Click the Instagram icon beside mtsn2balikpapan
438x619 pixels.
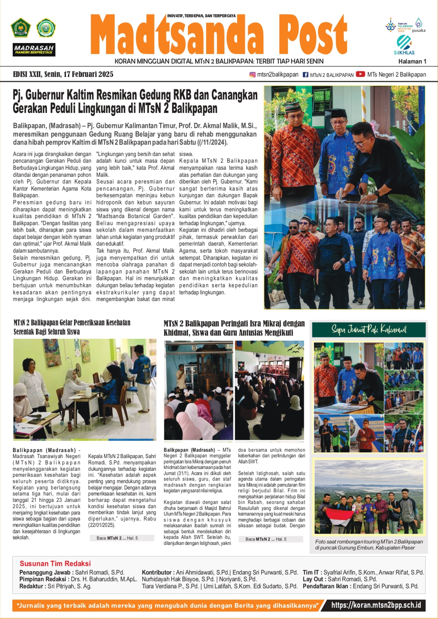[x=253, y=75]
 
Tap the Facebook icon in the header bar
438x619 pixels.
[x=305, y=75]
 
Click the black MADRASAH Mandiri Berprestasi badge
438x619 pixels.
[x=34, y=50]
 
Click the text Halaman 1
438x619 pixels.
[x=412, y=62]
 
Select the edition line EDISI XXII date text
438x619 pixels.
[x=63, y=74]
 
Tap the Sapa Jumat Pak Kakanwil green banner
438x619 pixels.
[x=369, y=329]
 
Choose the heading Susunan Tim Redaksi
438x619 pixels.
[x=55, y=563]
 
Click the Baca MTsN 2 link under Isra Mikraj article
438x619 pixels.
[x=266, y=539]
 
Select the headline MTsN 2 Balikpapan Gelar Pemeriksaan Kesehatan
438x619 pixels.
[x=72, y=327]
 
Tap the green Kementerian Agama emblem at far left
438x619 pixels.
[x=21, y=28]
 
